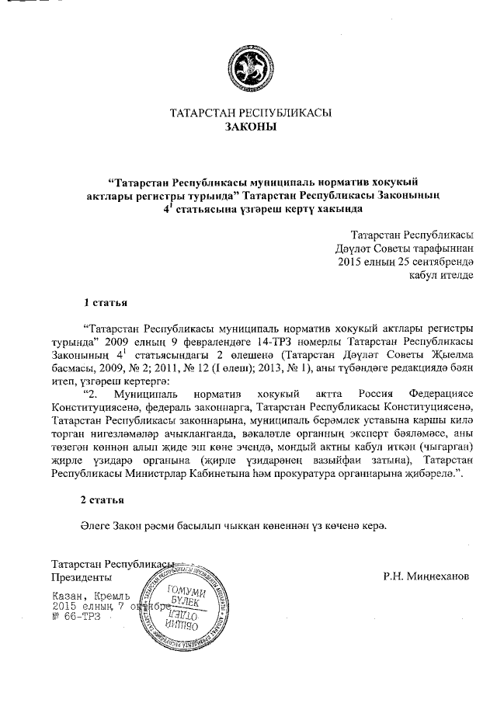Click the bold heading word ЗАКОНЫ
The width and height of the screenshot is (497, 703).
pos(250,127)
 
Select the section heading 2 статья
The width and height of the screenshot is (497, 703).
pos(106,499)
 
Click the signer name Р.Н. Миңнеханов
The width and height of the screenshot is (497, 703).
pos(426,577)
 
